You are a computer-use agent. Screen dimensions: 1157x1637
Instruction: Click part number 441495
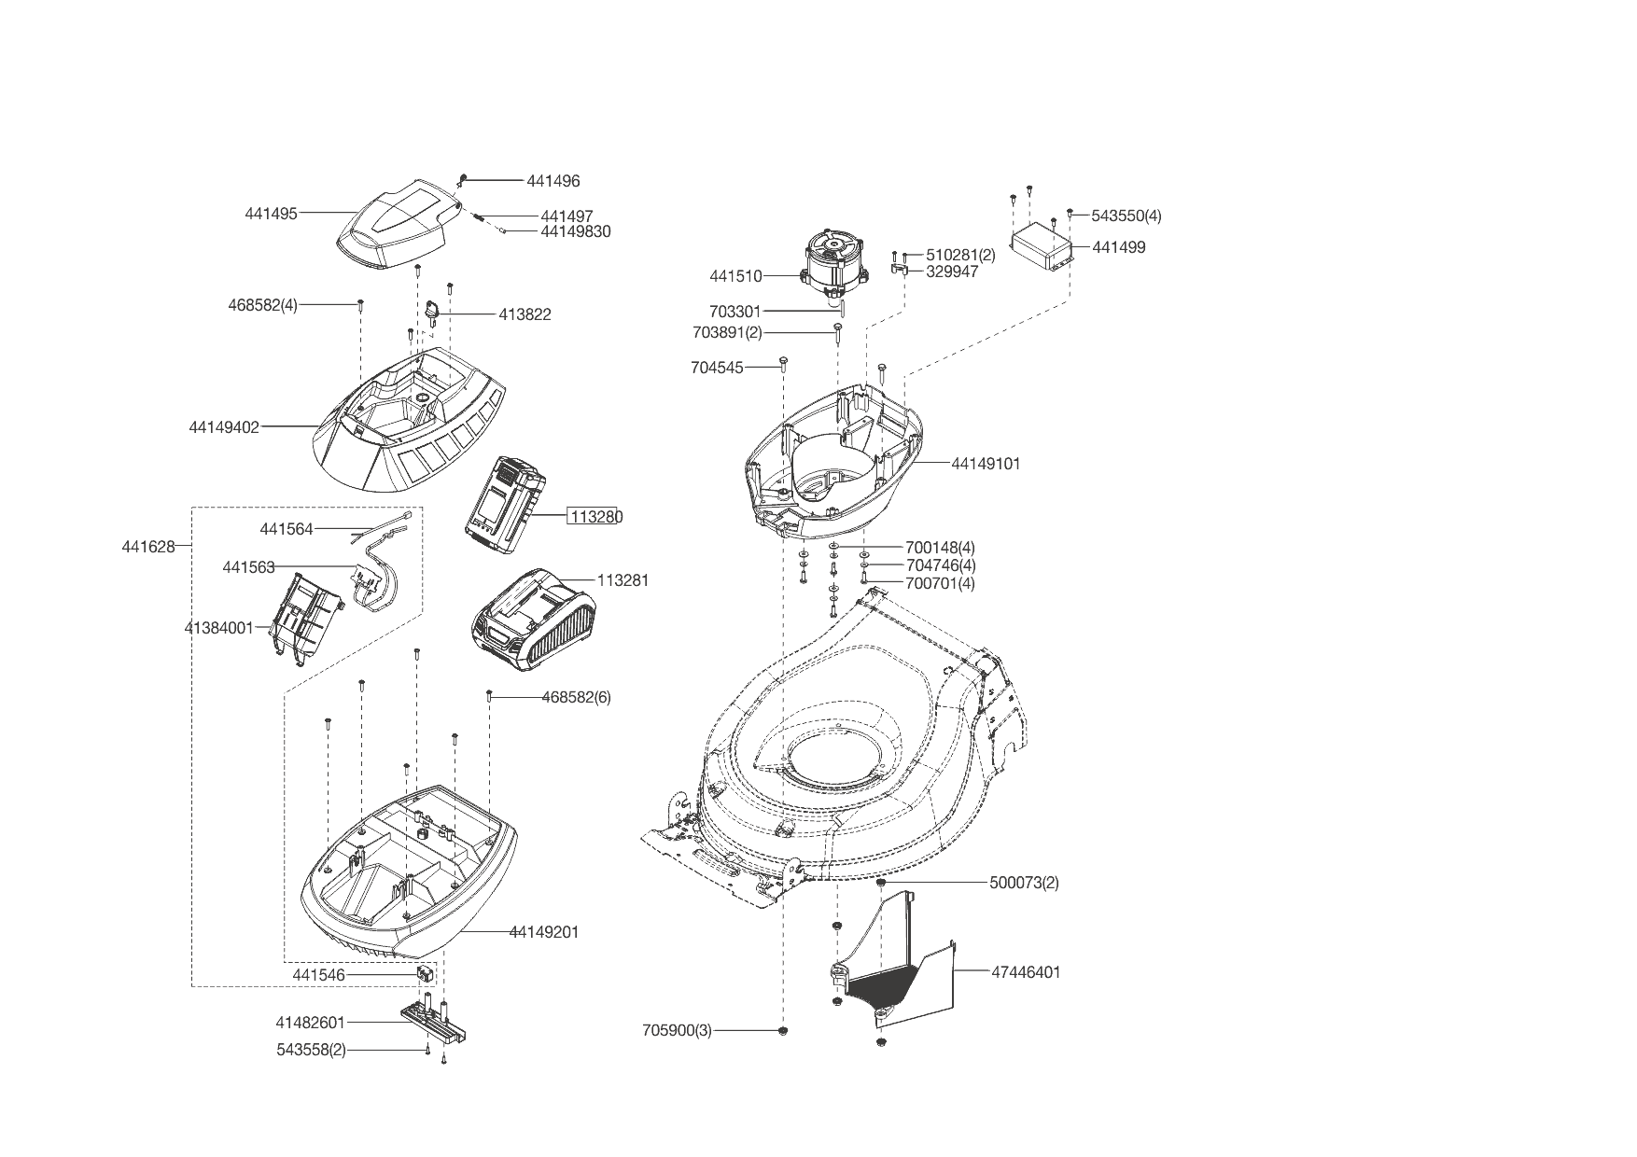tap(271, 214)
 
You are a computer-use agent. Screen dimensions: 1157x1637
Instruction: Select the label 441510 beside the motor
tap(735, 276)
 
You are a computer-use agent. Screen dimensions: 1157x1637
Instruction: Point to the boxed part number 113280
tap(595, 517)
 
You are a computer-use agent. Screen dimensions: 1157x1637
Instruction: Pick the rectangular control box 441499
tap(1042, 245)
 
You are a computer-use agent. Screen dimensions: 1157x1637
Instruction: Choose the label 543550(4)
tap(1126, 216)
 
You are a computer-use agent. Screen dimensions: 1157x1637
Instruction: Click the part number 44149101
tap(986, 464)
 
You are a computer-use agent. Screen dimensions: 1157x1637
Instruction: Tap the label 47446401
tap(1026, 972)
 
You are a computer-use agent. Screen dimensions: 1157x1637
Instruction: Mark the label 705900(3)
tap(677, 1030)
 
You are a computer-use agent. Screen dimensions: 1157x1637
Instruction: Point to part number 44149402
tap(224, 427)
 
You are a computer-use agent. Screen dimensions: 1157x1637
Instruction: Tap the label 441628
tap(148, 547)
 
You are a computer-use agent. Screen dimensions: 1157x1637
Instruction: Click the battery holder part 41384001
tap(305, 613)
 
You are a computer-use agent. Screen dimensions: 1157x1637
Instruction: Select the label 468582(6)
tap(576, 697)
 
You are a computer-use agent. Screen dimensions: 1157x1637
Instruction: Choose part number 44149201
tap(544, 932)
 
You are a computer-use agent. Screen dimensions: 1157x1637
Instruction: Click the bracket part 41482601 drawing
tap(437, 1022)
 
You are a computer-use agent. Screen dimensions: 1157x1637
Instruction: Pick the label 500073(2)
tap(1024, 883)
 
